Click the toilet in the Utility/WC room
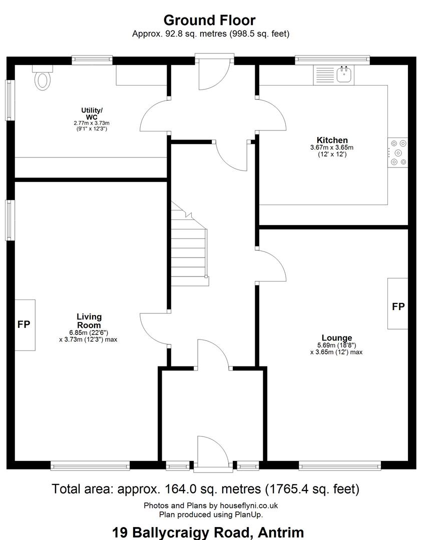pyautogui.click(x=43, y=78)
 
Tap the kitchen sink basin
pyautogui.click(x=344, y=74)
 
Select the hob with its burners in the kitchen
pyautogui.click(x=397, y=152)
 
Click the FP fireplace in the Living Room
pyautogui.click(x=25, y=325)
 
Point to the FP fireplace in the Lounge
pyautogui.click(x=398, y=304)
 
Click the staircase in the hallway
pyautogui.click(x=190, y=244)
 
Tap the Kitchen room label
pyautogui.click(x=332, y=140)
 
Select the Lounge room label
pyautogui.click(x=337, y=338)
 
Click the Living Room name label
pyautogui.click(x=89, y=321)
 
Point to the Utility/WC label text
pyautogui.click(x=92, y=113)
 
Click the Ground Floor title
pyautogui.click(x=210, y=20)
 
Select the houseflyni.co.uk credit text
pyautogui.click(x=249, y=505)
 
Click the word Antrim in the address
pyautogui.click(x=281, y=532)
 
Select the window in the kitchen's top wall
pyautogui.click(x=332, y=60)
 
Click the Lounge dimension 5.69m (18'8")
pyautogui.click(x=337, y=345)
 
